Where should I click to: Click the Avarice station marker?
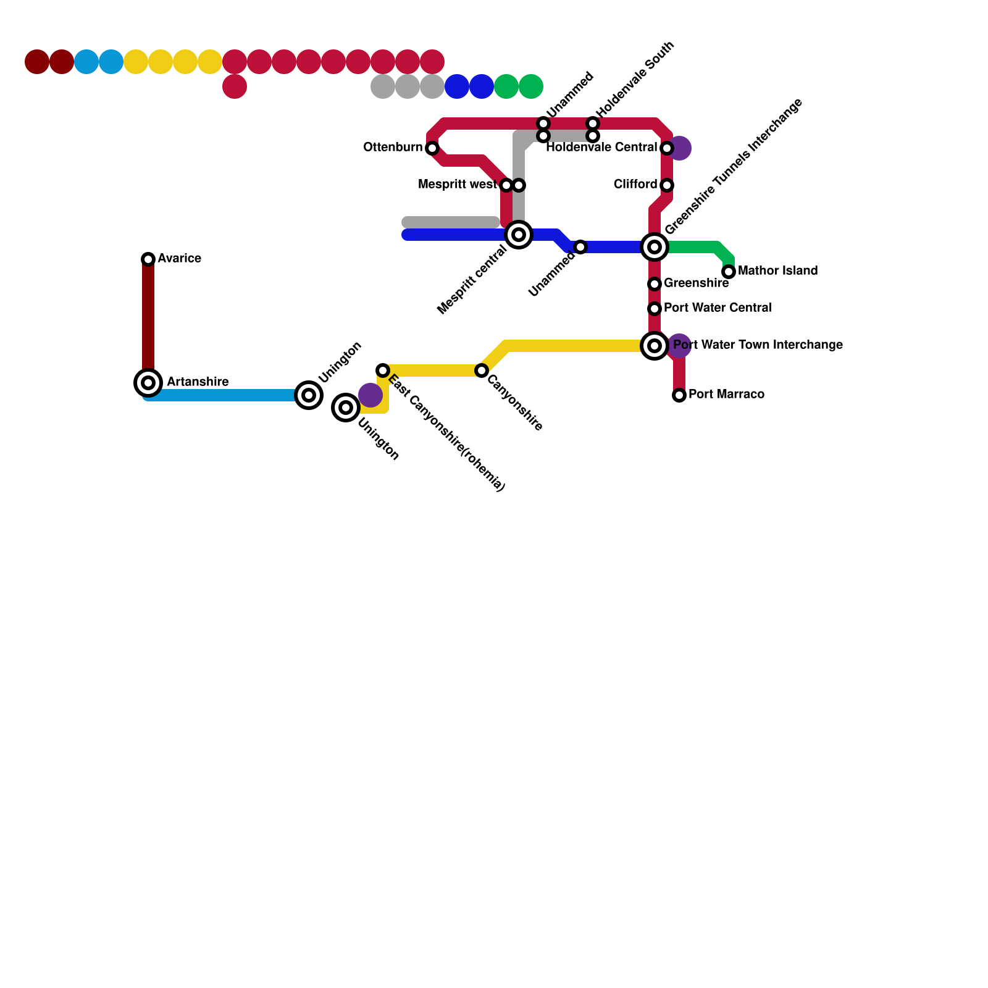pyautogui.click(x=148, y=259)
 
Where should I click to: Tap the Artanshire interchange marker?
pyautogui.click(x=148, y=383)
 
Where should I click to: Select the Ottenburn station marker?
pyautogui.click(x=432, y=148)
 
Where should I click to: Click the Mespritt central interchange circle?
pyautogui.click(x=519, y=235)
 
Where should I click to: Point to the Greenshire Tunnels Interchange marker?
pyautogui.click(x=655, y=247)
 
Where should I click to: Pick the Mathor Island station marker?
pyautogui.click(x=729, y=272)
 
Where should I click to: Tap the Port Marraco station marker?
pyautogui.click(x=679, y=395)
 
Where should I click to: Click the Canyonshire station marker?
pyautogui.click(x=482, y=371)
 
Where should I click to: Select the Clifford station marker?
pyautogui.click(x=667, y=185)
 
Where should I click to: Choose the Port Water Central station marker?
pyautogui.click(x=655, y=309)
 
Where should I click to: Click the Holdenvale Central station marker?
pyautogui.click(x=667, y=148)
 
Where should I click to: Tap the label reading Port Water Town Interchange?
pyautogui.click(x=758, y=345)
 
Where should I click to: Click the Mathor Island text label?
pyautogui.click(x=777, y=271)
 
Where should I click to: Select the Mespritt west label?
pyautogui.click(x=457, y=185)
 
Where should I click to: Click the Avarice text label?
pyautogui.click(x=179, y=259)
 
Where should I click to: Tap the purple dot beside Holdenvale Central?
pyautogui.click(x=680, y=148)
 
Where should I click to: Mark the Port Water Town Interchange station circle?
pyautogui.click(x=655, y=346)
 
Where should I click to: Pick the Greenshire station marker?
pyautogui.click(x=655, y=284)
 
